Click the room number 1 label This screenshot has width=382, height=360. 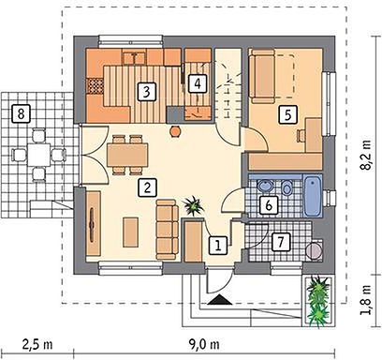218,245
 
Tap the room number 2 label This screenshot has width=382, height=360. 147,187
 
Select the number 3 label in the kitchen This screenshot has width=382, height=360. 147,92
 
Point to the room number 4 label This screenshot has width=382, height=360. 198,83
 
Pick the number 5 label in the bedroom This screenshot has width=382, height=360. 287,114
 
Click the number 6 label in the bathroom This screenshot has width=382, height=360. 269,205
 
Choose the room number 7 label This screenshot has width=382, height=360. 281,242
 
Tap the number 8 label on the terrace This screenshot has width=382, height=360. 21,113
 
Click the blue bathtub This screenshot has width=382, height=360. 313,196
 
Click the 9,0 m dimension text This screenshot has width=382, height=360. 204,345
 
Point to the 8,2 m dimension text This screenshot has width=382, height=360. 365,154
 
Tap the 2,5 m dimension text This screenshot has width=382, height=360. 37,345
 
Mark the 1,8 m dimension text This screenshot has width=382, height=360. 365,299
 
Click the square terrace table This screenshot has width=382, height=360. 38,155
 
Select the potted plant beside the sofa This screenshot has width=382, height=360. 194,205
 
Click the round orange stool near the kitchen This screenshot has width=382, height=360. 175,131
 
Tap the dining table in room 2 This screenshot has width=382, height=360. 127,155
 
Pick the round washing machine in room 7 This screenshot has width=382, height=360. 315,250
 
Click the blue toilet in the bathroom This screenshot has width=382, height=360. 286,188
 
